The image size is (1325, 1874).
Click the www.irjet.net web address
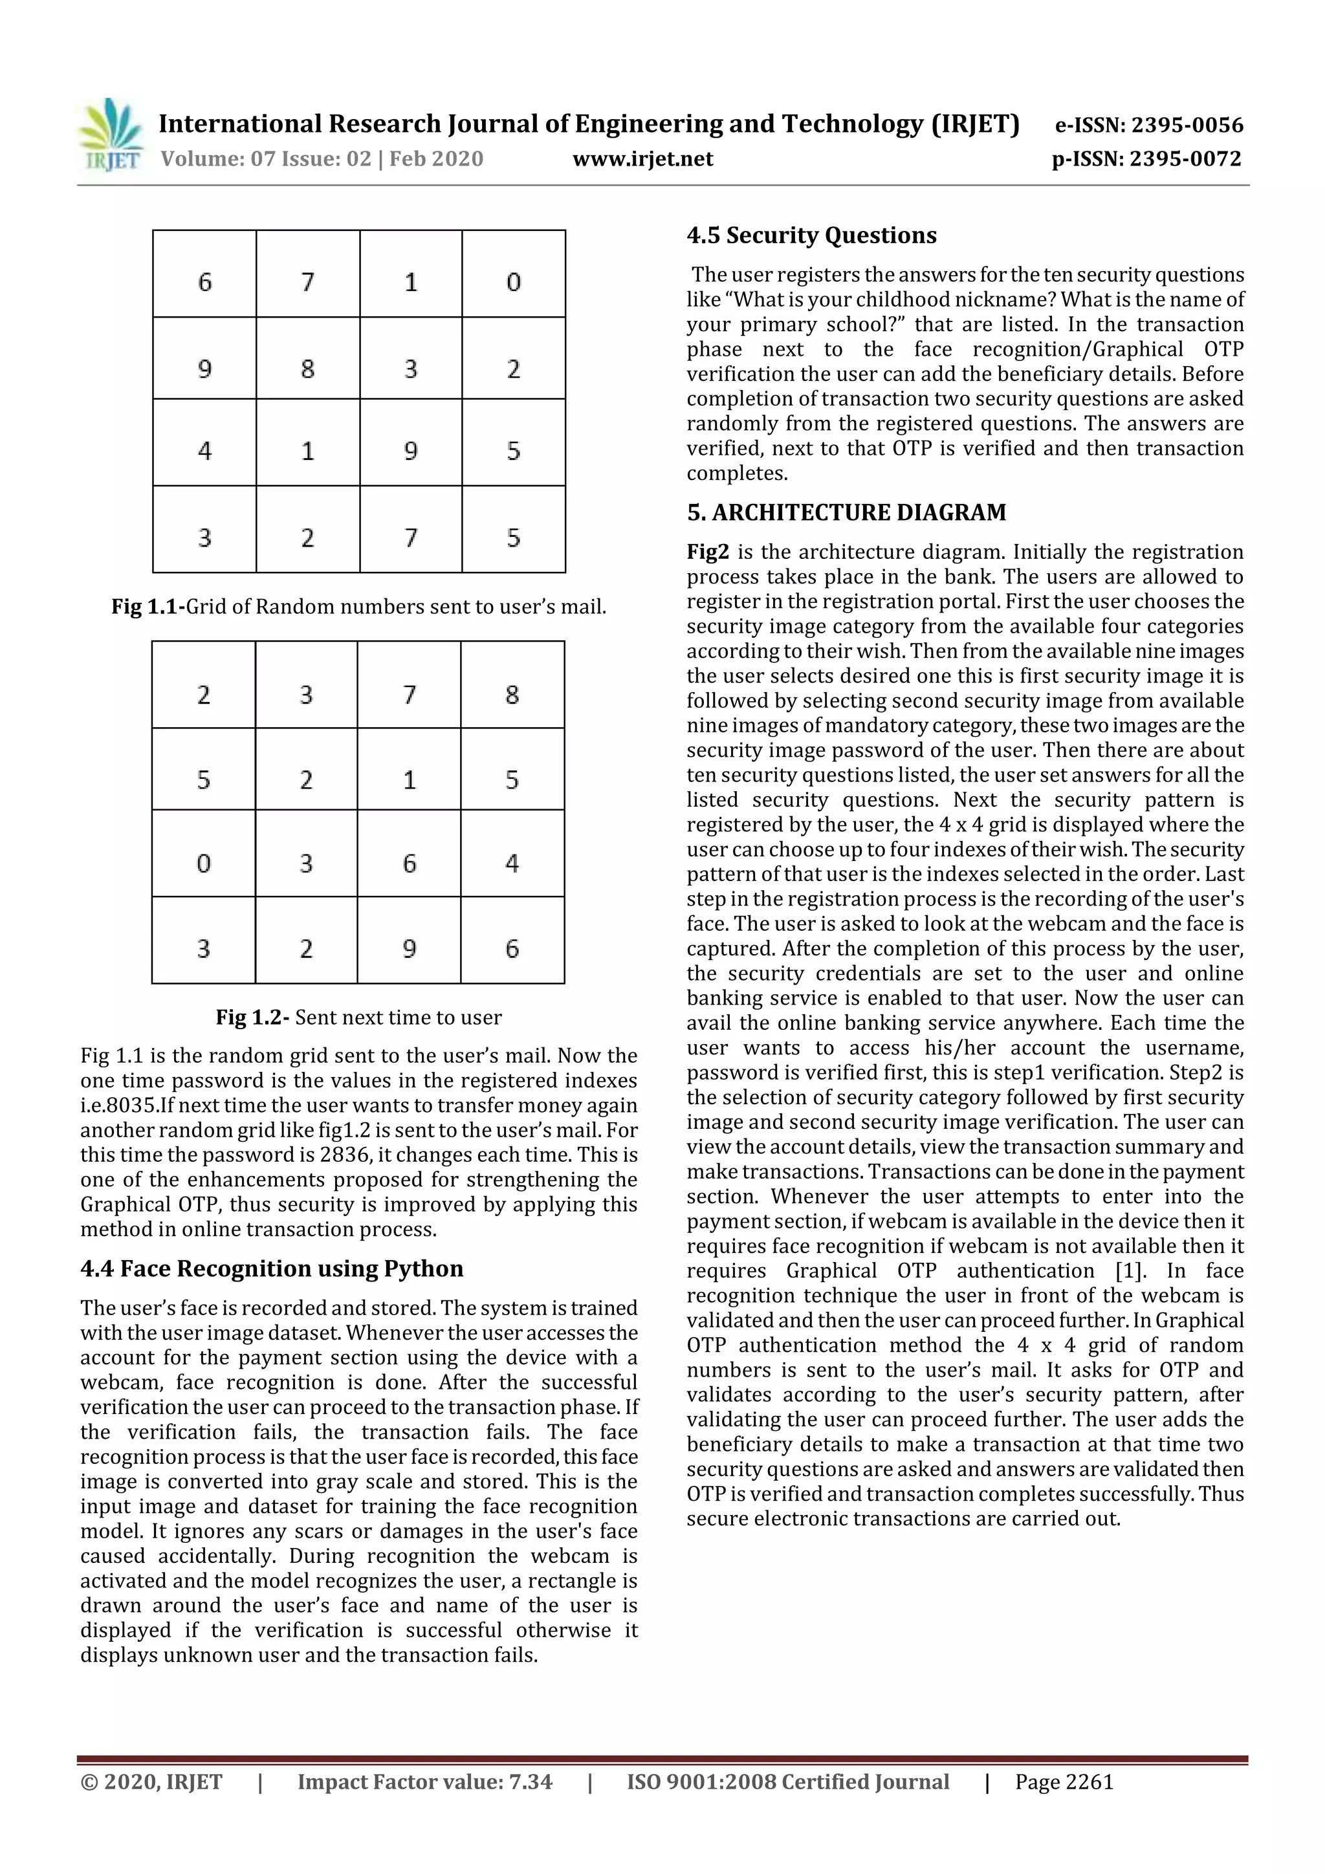[x=642, y=159]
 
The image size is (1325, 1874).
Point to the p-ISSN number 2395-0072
[x=1185, y=159]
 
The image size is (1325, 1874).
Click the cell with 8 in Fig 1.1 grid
[x=308, y=369]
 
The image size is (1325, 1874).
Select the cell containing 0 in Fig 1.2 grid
[x=204, y=863]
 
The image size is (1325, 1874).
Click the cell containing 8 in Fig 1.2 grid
[x=512, y=695]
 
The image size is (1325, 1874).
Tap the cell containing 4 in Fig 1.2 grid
[x=512, y=863]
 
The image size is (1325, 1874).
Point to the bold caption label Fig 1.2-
[x=252, y=1018]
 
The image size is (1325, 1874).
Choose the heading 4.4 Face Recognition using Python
[x=272, y=1269]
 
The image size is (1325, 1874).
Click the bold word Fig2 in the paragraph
[x=707, y=552]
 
